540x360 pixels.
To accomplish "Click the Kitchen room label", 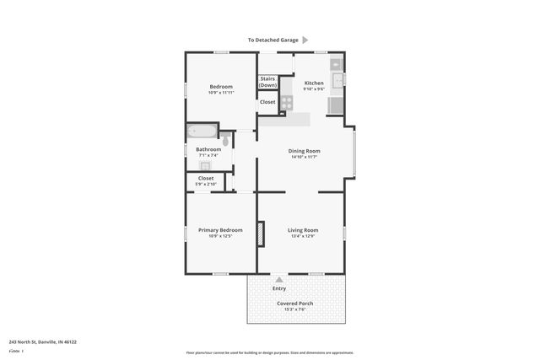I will pyautogui.click(x=314, y=83).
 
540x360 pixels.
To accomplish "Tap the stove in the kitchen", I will pyautogui.click(x=287, y=102).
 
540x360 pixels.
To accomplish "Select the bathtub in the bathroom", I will pyautogui.click(x=202, y=131).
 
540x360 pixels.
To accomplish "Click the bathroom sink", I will pyautogui.click(x=205, y=165).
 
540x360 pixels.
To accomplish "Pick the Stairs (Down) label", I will pyautogui.click(x=267, y=82).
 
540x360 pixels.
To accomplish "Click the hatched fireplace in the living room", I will pyautogui.click(x=262, y=234).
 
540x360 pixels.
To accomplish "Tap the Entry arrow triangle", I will pyautogui.click(x=279, y=279).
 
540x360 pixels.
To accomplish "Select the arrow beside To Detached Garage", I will pyautogui.click(x=305, y=40).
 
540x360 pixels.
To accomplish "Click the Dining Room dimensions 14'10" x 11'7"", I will pyautogui.click(x=305, y=157).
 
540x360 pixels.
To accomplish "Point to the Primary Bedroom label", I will pyautogui.click(x=220, y=230).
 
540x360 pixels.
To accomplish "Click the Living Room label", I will pyautogui.click(x=302, y=230).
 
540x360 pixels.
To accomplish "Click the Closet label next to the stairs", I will pyautogui.click(x=267, y=102).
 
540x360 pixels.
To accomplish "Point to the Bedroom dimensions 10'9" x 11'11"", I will pyautogui.click(x=220, y=93).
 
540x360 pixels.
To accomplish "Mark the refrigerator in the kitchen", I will pyautogui.click(x=335, y=105).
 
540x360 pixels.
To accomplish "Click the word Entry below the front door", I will pyautogui.click(x=279, y=288).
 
